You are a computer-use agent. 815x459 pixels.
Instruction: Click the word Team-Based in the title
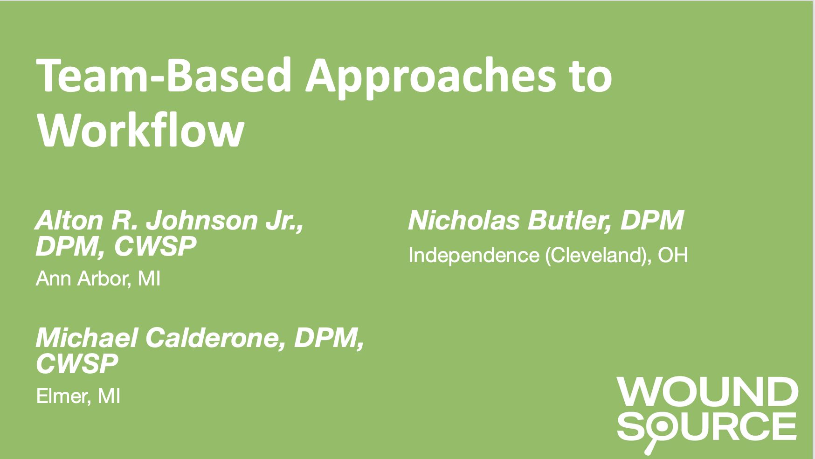pos(164,76)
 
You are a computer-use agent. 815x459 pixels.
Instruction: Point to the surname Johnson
pos(202,220)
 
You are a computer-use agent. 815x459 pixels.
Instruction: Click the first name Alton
pos(69,220)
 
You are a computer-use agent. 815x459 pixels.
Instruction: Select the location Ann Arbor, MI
pos(98,278)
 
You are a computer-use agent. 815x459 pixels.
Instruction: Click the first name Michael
pos(87,337)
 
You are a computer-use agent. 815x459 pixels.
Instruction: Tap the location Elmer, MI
pos(78,396)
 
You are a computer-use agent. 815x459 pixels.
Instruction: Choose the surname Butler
pos(569,221)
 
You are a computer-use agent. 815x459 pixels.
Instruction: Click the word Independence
pos(474,256)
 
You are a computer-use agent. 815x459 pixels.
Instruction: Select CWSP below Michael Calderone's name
pos(77,364)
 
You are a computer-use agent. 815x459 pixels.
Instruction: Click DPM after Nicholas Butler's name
pos(651,220)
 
